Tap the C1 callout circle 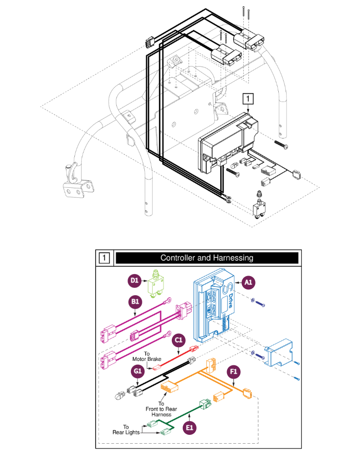click(179, 340)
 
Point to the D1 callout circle click(134, 281)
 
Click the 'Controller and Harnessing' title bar click(206, 258)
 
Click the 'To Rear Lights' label click(126, 429)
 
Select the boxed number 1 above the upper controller click(250, 99)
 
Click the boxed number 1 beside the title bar click(104, 258)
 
